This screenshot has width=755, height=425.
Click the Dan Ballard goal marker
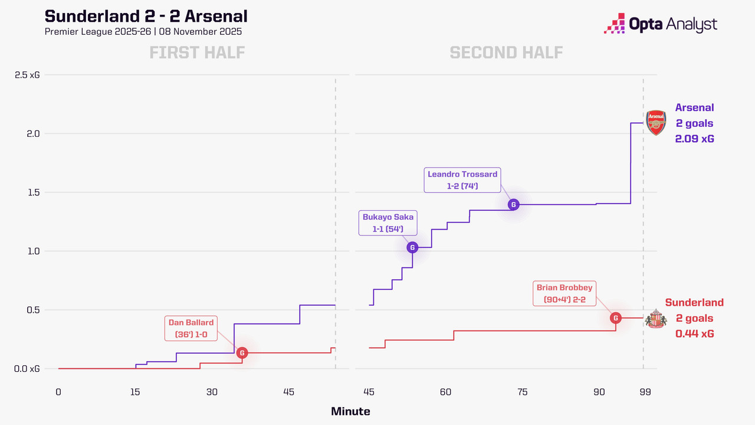(x=242, y=353)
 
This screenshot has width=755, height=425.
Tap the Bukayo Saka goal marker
(x=412, y=247)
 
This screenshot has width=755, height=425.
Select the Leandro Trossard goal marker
(x=513, y=204)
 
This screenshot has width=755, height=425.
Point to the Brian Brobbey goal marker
(x=616, y=318)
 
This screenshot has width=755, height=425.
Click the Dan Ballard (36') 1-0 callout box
(x=190, y=328)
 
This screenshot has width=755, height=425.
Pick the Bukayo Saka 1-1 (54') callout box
(x=387, y=223)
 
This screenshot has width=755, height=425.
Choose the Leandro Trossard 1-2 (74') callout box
(x=462, y=179)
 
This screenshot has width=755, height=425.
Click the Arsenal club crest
(x=656, y=123)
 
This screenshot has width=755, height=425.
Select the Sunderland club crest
(x=655, y=318)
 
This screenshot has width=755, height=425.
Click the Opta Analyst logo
(x=661, y=24)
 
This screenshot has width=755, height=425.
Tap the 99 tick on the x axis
(x=645, y=393)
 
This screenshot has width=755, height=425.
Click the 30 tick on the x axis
(x=212, y=393)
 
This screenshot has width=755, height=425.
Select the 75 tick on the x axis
(x=522, y=393)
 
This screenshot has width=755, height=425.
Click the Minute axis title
(x=350, y=411)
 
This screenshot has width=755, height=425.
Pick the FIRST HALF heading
(x=197, y=53)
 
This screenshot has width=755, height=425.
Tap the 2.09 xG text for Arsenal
(x=695, y=139)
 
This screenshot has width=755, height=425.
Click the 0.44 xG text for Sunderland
(x=694, y=334)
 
